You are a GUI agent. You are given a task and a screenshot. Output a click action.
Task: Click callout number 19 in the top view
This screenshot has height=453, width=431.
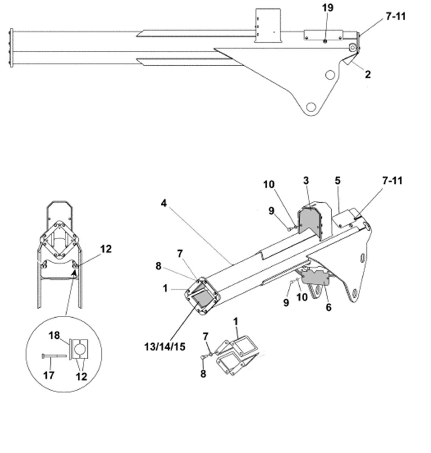click(328, 8)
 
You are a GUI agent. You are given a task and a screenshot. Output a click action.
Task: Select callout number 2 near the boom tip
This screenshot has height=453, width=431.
click(367, 74)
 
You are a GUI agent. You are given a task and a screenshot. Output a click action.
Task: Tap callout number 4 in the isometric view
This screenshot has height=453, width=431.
click(163, 203)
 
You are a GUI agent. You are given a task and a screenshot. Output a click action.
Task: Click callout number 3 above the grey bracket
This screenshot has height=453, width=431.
click(306, 181)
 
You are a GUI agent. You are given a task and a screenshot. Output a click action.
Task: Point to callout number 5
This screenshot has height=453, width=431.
click(337, 181)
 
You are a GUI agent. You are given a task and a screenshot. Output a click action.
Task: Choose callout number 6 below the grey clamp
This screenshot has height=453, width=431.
click(328, 307)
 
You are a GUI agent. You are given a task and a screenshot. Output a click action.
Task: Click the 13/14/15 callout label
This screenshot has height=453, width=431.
click(165, 346)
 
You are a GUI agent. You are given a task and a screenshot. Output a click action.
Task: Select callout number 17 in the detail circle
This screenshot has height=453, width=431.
click(48, 375)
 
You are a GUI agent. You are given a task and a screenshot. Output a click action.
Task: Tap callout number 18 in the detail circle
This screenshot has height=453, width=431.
click(54, 335)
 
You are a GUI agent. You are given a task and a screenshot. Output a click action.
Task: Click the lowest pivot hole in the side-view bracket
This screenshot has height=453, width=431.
click(311, 107)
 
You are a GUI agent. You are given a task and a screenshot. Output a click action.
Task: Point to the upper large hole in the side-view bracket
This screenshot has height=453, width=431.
click(330, 75)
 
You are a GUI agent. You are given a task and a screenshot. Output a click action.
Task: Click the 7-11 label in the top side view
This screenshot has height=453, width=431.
click(395, 17)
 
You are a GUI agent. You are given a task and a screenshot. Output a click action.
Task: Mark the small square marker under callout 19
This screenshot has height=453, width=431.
click(325, 41)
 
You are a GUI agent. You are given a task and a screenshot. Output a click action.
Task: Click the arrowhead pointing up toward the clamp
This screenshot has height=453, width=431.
click(75, 272)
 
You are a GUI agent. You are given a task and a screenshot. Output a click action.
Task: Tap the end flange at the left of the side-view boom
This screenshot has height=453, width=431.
click(11, 48)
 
